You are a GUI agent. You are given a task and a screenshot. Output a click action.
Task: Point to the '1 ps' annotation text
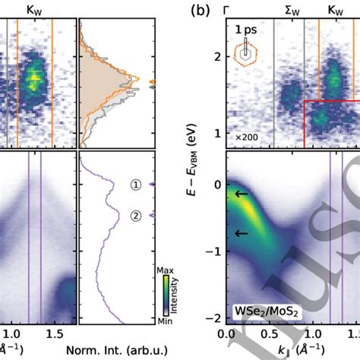[x=245, y=30]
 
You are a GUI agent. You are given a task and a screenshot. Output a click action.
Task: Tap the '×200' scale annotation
[x=244, y=137]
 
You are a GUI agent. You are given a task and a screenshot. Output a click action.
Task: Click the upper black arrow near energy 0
[x=241, y=194]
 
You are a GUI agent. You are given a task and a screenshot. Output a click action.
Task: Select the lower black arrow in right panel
[x=241, y=233]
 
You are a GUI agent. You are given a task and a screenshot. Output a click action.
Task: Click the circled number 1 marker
[x=136, y=185]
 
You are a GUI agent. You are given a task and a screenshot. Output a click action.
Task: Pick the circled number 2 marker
[x=136, y=216]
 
